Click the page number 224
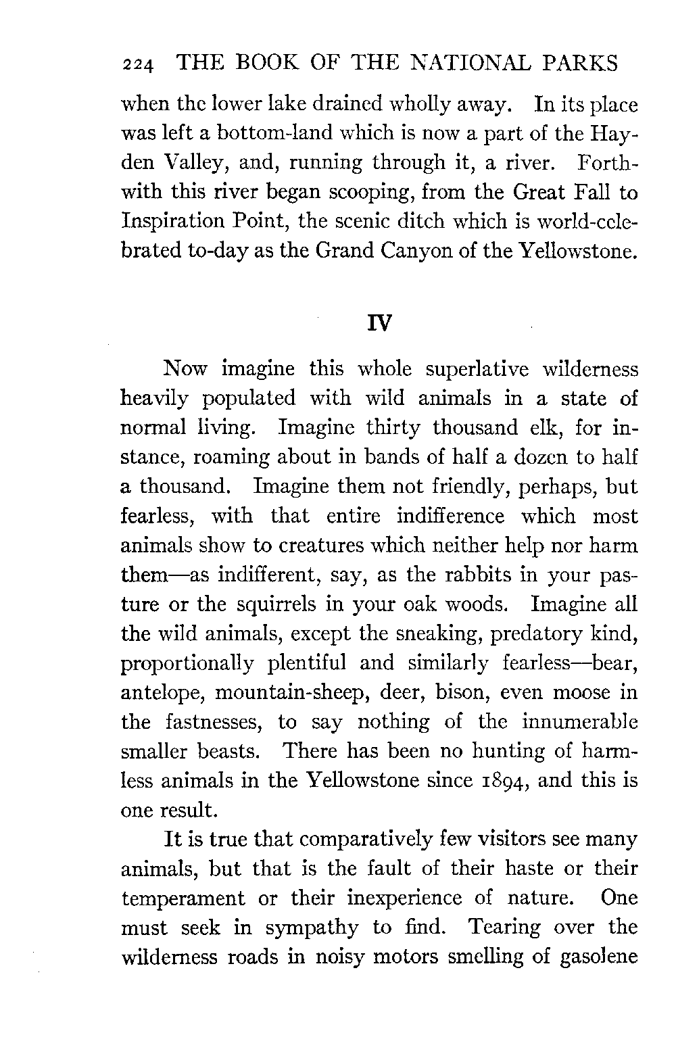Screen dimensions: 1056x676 [x=139, y=65]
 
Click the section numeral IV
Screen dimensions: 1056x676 [x=379, y=323]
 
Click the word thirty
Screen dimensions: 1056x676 [x=393, y=427]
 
